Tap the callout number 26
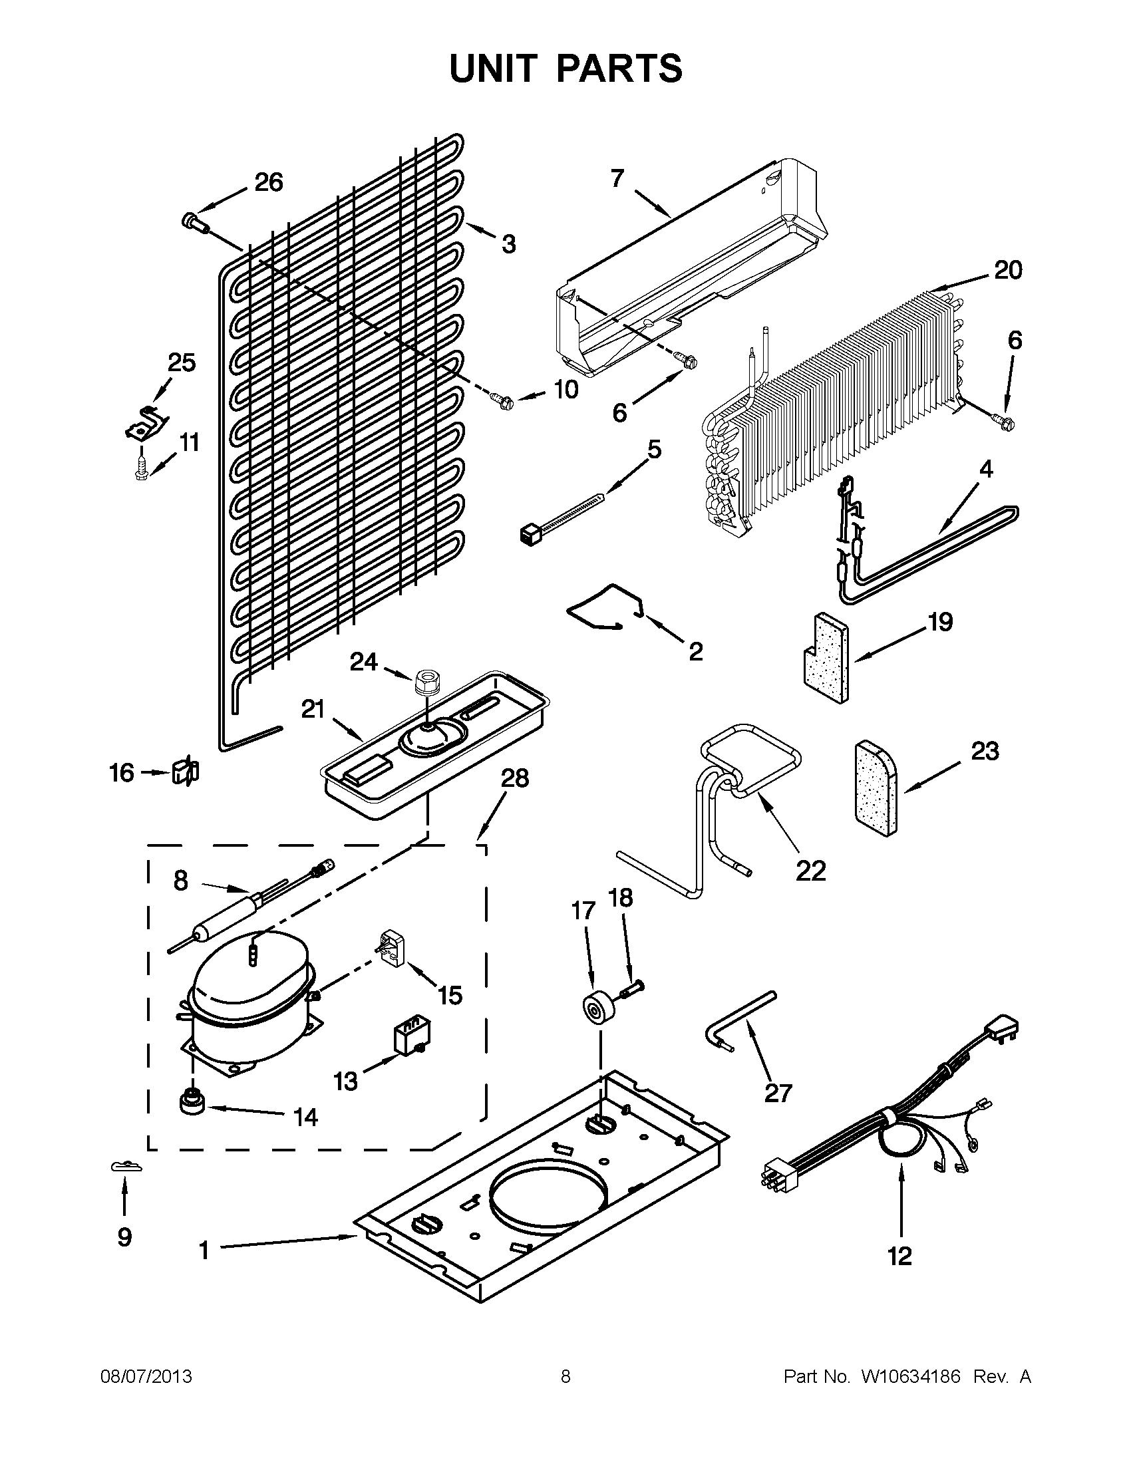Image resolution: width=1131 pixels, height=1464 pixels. click(x=268, y=182)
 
